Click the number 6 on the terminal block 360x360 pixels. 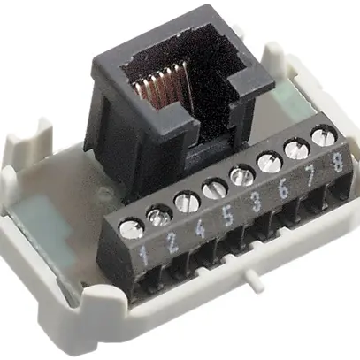(x=281, y=191)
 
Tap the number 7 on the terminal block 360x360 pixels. (x=308, y=180)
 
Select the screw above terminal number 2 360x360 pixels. (x=159, y=212)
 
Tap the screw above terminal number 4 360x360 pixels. (x=187, y=200)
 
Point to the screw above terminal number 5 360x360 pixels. (x=214, y=188)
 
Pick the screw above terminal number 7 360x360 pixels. (x=295, y=151)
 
